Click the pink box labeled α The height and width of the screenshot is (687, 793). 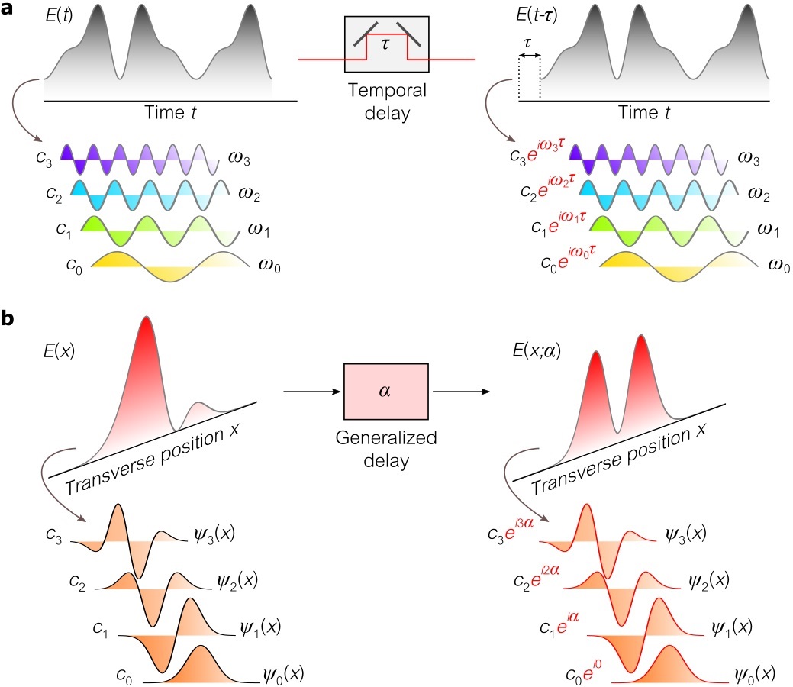tap(386, 392)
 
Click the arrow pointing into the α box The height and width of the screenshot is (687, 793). tap(311, 392)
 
